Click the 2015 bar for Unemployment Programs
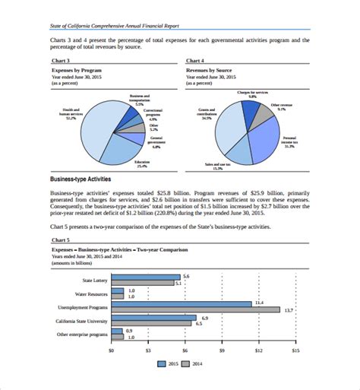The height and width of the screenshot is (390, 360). [x=181, y=303]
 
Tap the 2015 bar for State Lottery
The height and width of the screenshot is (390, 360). [x=145, y=276]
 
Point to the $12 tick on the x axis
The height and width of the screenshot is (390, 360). [x=259, y=350]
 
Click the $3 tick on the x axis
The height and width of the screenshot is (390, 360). [x=148, y=350]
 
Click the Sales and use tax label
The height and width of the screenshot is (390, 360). [x=218, y=166]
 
